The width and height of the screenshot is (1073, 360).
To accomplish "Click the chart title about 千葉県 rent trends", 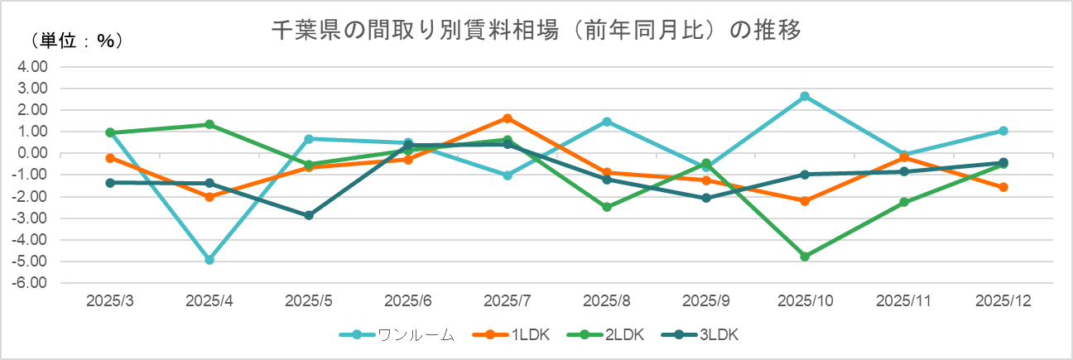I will [x=536, y=31].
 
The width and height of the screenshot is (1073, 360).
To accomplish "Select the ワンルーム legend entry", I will [x=397, y=334].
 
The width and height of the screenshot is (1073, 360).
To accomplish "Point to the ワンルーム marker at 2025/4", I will [x=209, y=260].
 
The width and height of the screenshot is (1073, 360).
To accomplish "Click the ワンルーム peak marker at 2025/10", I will [x=805, y=96].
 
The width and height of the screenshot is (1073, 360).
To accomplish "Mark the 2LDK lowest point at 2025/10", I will [x=805, y=257].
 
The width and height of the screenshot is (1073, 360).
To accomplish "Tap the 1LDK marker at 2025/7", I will [x=508, y=118].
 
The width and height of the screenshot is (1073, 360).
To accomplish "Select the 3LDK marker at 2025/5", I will [x=309, y=215].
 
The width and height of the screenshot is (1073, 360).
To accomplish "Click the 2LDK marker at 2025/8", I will [x=607, y=207].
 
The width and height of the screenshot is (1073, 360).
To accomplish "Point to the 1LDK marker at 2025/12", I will [x=1003, y=187].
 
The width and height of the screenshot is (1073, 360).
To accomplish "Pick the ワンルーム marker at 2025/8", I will [x=607, y=122].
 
